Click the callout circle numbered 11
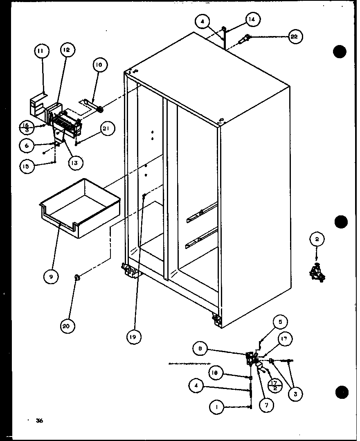(41, 51)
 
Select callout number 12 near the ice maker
(66, 50)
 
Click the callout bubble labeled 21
(107, 129)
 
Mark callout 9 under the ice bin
(51, 276)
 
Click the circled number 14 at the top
(253, 19)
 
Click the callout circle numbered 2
(317, 239)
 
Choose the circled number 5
(280, 322)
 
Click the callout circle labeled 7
(266, 405)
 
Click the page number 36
(39, 421)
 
